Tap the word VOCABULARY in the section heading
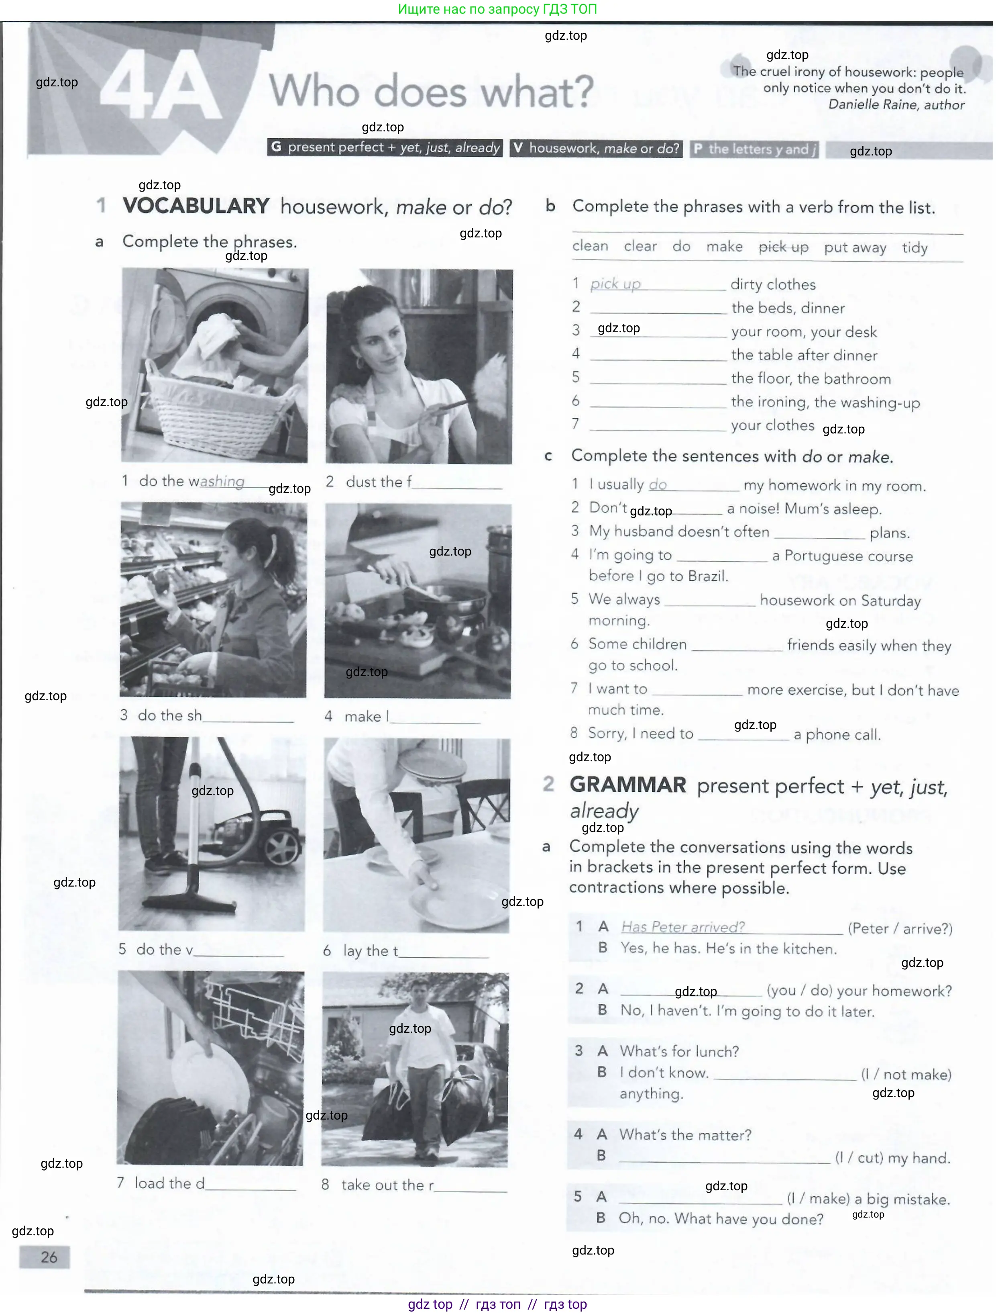click(x=196, y=206)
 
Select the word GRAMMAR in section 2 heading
click(x=627, y=785)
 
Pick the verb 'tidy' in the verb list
click(x=914, y=247)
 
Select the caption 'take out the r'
click(x=387, y=1185)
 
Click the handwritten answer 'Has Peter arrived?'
click(x=682, y=927)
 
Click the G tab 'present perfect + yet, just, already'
click(x=385, y=147)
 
